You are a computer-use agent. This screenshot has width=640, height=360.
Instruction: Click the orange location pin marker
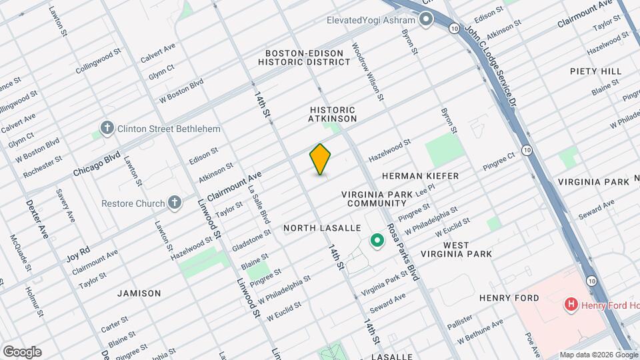[321, 159]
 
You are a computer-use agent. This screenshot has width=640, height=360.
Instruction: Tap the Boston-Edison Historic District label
[304, 57]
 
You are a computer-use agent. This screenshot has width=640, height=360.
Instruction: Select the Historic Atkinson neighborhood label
[333, 114]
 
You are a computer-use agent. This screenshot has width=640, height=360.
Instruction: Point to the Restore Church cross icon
[174, 202]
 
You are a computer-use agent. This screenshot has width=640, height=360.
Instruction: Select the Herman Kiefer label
[420, 176]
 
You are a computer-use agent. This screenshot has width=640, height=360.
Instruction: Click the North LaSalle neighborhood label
[322, 228]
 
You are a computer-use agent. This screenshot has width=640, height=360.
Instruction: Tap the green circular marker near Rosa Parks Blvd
[377, 241]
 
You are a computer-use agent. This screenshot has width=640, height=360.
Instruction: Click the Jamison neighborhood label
[139, 293]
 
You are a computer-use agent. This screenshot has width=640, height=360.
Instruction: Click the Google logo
[21, 351]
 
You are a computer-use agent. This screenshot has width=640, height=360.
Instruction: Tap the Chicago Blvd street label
[97, 163]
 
